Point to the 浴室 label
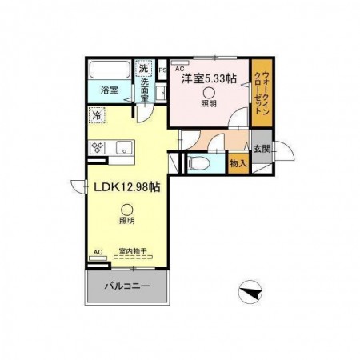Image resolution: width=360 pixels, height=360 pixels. pos(109,91)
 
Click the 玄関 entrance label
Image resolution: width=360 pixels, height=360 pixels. pos(262,148)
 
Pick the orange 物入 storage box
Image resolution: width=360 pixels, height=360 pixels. pos(237,162)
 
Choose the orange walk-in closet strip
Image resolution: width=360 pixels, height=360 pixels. pos(261,94)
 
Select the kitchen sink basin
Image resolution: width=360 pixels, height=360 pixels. pos(123,147)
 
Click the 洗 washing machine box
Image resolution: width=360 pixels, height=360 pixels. pos(143,68)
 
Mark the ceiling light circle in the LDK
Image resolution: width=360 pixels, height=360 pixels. pos(126,210)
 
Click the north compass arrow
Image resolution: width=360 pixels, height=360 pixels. pos(250,292)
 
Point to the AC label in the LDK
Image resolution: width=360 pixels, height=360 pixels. pos(98,252)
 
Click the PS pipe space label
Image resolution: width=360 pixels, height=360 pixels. pos(162,70)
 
